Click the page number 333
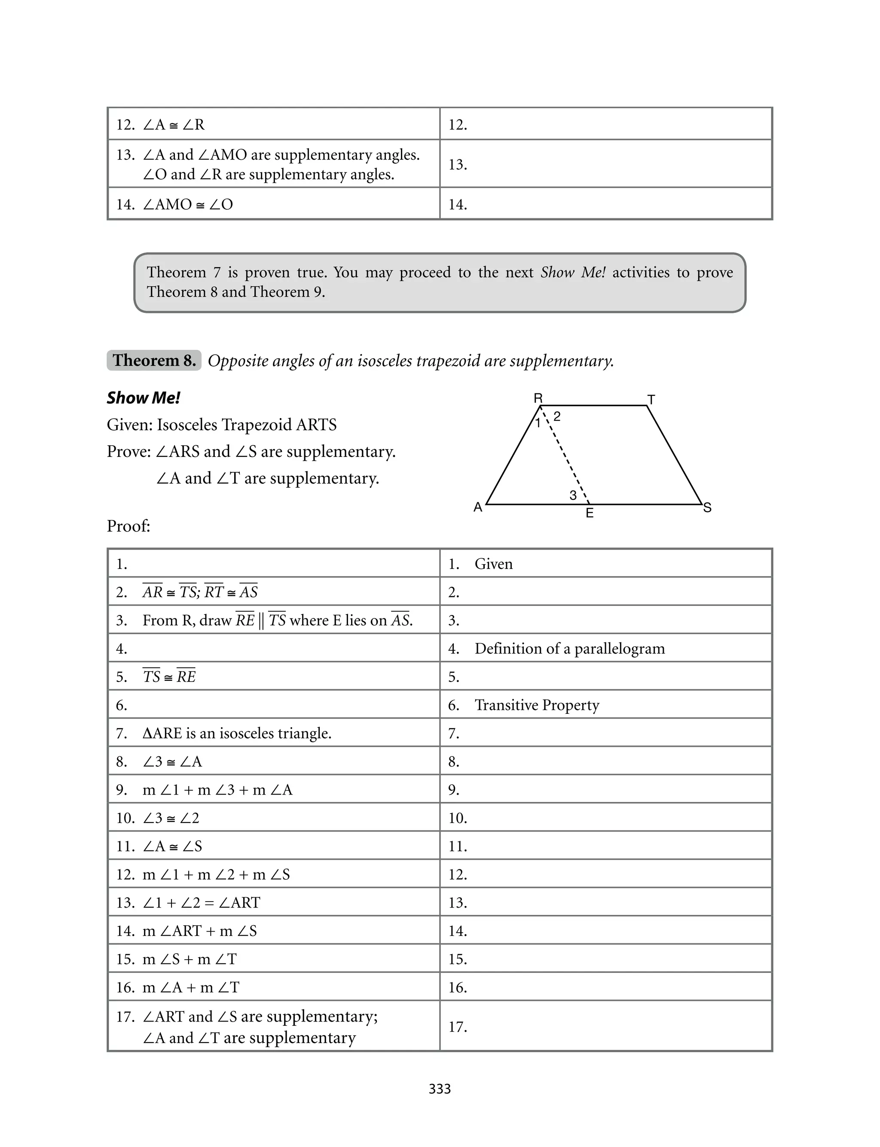(x=440, y=1089)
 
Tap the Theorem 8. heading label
(x=154, y=360)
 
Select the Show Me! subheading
(x=144, y=398)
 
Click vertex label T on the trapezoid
(x=651, y=400)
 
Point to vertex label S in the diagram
(x=707, y=508)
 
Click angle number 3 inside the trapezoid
(x=573, y=495)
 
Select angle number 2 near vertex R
(x=557, y=416)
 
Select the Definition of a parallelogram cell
(x=569, y=648)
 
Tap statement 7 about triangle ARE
(x=237, y=733)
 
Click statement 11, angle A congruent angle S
(x=172, y=846)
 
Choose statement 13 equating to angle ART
(x=201, y=903)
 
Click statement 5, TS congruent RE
(x=169, y=677)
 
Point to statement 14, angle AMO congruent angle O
(x=187, y=204)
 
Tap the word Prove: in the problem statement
(x=129, y=452)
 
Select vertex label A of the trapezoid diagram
(x=478, y=507)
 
